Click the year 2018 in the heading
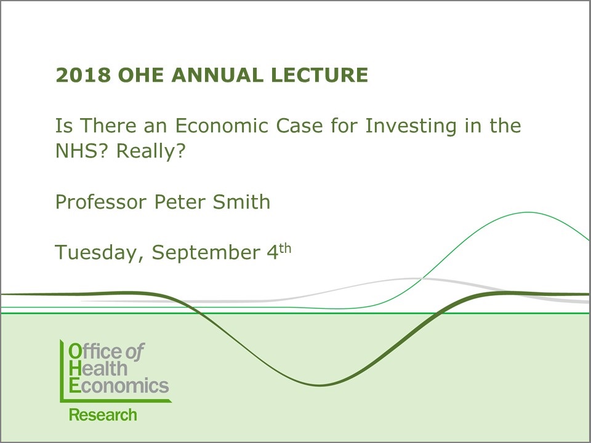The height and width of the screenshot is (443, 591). [83, 74]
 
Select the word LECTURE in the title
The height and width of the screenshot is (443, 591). [320, 74]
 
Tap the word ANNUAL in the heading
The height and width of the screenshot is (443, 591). [217, 74]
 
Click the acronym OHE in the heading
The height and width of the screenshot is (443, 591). [141, 74]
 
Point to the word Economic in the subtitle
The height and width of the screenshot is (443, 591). [222, 126]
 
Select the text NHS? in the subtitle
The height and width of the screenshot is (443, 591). [81, 151]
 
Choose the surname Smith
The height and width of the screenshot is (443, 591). [241, 202]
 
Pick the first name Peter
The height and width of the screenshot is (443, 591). [179, 202]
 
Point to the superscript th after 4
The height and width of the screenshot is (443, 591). [285, 249]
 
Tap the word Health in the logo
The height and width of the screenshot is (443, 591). [98, 369]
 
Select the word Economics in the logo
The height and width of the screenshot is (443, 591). [119, 386]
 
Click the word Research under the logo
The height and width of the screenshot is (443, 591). [103, 415]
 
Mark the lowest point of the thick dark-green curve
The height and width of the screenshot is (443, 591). [320, 385]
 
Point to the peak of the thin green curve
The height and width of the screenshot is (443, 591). [528, 212]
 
